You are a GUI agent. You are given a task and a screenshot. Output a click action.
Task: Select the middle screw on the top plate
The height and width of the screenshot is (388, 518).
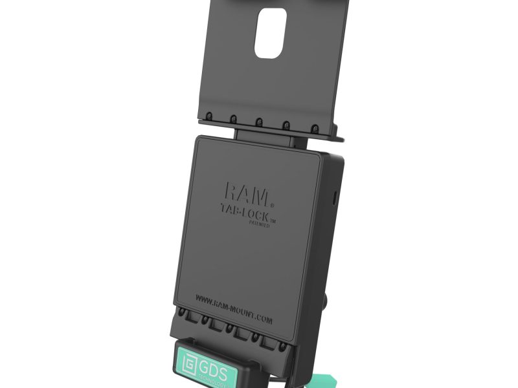[x=258, y=121]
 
